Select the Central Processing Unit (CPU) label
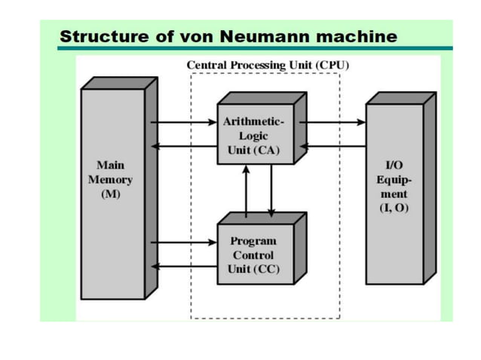point(268,65)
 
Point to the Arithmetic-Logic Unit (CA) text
point(253,136)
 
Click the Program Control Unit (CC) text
point(253,255)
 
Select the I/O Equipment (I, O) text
point(393,185)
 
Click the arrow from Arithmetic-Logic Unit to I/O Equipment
point(332,121)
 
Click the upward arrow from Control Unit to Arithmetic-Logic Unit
point(246,188)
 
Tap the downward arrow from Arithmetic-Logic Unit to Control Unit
point(271,188)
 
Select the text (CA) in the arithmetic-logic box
point(265,150)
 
